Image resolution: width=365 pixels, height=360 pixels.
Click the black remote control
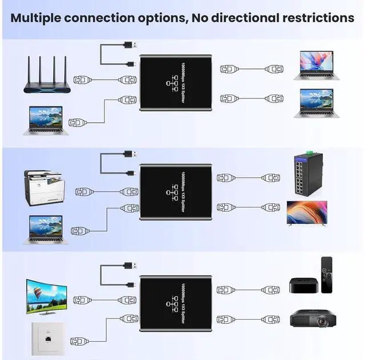[x=326, y=275]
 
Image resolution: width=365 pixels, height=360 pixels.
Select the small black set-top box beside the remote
[x=302, y=285]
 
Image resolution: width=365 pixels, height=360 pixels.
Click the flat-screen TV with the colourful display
[x=306, y=214]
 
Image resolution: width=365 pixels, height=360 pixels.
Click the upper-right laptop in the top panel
[x=316, y=66]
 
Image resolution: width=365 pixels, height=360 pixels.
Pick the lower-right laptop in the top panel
[x=316, y=103]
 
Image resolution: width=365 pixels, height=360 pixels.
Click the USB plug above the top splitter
[x=129, y=45]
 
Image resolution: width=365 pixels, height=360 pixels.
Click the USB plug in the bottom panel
[x=129, y=265]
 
